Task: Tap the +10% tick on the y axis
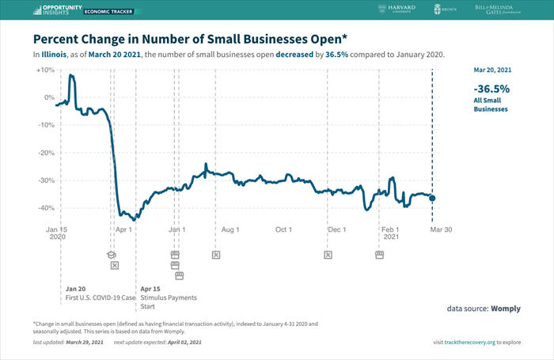point(44,70)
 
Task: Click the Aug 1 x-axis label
point(230,229)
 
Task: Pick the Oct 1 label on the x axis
point(283,229)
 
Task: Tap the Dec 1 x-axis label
point(337,229)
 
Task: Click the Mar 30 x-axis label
point(440,229)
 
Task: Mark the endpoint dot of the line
point(432,198)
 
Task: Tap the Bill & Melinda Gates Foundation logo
point(505,11)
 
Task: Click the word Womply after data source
point(505,308)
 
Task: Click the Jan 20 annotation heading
point(75,289)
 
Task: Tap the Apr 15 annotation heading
point(150,289)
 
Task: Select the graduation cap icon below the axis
point(112,255)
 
